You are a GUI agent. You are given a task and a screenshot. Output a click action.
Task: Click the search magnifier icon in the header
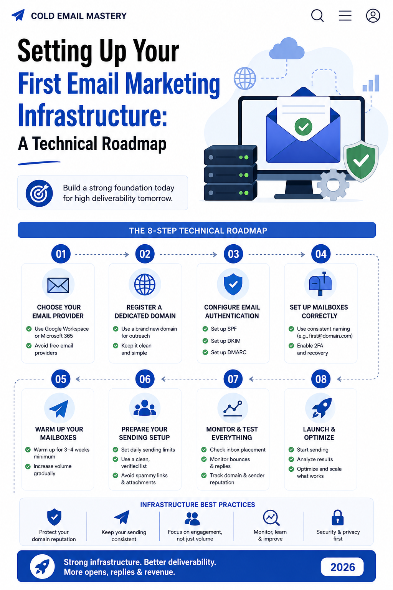point(317,15)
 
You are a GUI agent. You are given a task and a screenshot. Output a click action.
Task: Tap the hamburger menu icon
point(345,15)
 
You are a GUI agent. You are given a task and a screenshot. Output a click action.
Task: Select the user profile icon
point(373,15)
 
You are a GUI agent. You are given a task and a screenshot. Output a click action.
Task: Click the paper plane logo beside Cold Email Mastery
point(18,15)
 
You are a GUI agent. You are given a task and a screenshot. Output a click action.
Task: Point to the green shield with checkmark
point(361,161)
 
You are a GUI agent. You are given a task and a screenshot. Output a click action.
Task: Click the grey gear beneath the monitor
point(333,185)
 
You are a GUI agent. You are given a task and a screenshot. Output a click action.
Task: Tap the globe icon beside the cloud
point(245,78)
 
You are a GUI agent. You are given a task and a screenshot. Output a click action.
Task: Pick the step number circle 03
point(233,254)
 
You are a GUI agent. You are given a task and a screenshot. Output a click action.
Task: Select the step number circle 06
point(145,379)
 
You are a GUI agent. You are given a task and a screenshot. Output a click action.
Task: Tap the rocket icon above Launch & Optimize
point(320,408)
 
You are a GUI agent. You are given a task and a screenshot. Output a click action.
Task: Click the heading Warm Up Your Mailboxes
point(59,433)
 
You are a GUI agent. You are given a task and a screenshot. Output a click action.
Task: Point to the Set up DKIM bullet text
point(226,341)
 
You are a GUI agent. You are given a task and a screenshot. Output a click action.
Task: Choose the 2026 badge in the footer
point(342,567)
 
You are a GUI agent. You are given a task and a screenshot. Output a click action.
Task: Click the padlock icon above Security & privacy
point(337,517)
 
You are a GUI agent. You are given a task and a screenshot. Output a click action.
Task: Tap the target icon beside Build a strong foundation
point(39,193)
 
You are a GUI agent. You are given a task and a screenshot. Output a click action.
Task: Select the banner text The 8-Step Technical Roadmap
point(198,230)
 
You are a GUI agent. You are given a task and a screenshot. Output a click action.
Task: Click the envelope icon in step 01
point(58,285)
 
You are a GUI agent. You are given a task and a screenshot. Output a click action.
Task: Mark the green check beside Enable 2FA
point(291,346)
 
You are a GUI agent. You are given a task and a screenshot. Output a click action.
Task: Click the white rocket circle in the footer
point(42,566)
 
